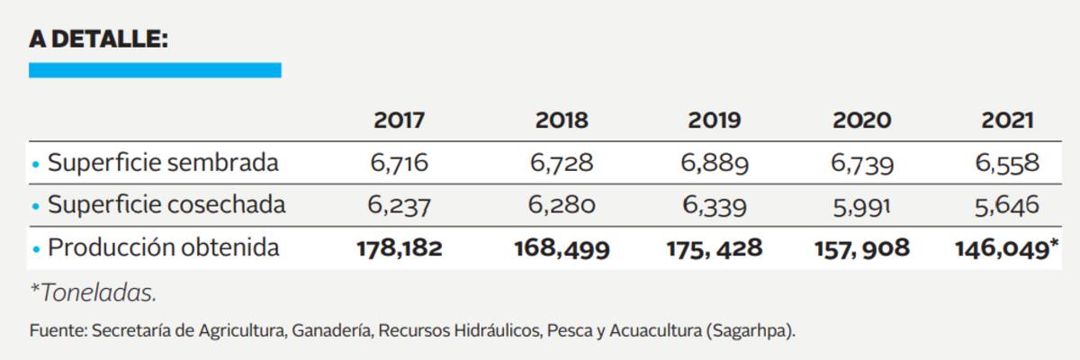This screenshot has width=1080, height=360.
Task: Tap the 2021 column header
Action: tap(1008, 121)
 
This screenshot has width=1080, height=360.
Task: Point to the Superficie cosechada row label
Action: tap(166, 204)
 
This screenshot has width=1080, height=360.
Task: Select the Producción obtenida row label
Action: tap(163, 247)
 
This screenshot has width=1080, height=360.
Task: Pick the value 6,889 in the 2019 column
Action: tap(715, 164)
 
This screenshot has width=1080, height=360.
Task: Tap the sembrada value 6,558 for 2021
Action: tap(1008, 164)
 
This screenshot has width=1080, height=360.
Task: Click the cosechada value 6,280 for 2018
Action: tap(562, 205)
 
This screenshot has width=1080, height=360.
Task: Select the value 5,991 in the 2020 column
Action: tap(861, 205)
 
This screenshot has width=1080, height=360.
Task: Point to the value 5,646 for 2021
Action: tap(1008, 205)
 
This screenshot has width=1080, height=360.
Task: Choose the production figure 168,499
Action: tap(562, 247)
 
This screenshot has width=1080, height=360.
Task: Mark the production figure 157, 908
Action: tap(861, 247)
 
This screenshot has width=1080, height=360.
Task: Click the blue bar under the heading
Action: tap(155, 69)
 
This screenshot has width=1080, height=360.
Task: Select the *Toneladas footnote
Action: tap(86, 293)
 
